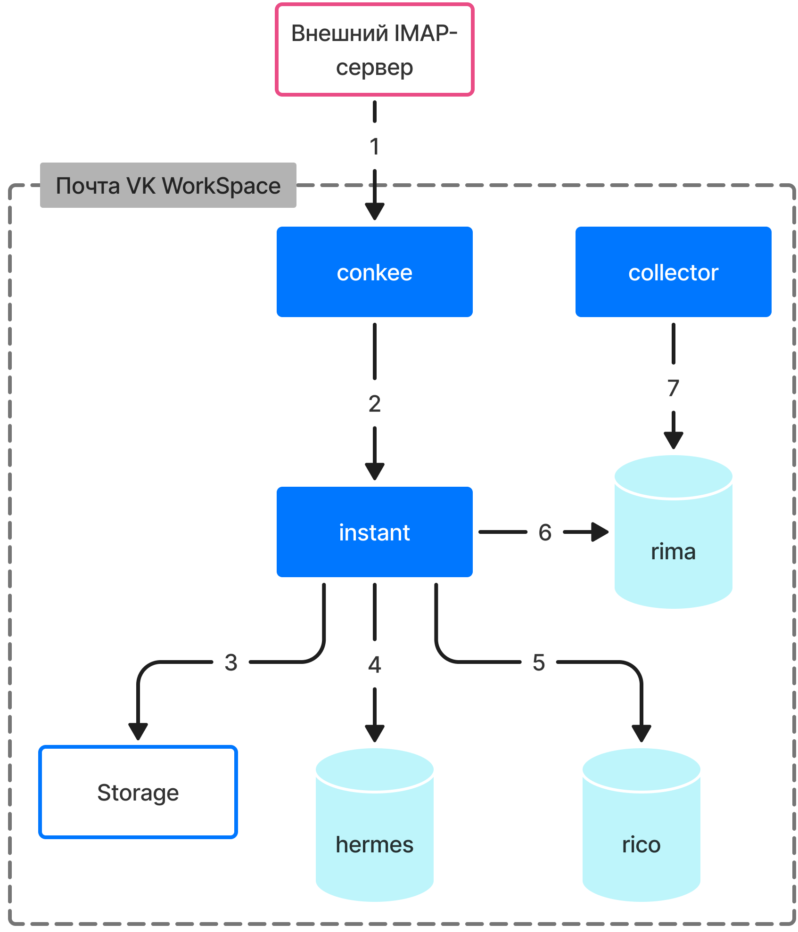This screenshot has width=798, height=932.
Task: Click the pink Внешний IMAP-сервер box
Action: tap(374, 49)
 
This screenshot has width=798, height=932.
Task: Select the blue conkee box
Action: tap(374, 272)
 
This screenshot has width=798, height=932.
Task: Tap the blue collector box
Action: tap(673, 272)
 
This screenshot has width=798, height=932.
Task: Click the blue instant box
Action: tap(374, 532)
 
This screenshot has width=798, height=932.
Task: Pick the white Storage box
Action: tap(138, 792)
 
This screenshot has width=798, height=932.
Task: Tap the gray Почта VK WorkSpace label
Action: tap(168, 185)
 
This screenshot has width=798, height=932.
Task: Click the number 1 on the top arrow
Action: tap(374, 147)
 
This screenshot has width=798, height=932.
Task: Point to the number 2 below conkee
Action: tap(374, 404)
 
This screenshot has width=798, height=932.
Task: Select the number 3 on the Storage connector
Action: tap(231, 662)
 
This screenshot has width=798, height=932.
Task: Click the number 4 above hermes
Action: tap(374, 664)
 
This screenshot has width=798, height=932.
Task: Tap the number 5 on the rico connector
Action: tap(539, 662)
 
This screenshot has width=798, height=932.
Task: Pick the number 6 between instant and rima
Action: tap(545, 532)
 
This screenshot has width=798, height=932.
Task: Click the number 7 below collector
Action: tap(673, 388)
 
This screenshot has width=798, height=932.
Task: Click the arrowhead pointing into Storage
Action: tap(138, 731)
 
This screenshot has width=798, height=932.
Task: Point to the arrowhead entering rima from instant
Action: tap(600, 532)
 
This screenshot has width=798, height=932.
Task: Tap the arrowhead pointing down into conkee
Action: tap(374, 211)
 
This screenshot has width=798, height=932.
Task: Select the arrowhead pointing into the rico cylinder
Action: tap(641, 733)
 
